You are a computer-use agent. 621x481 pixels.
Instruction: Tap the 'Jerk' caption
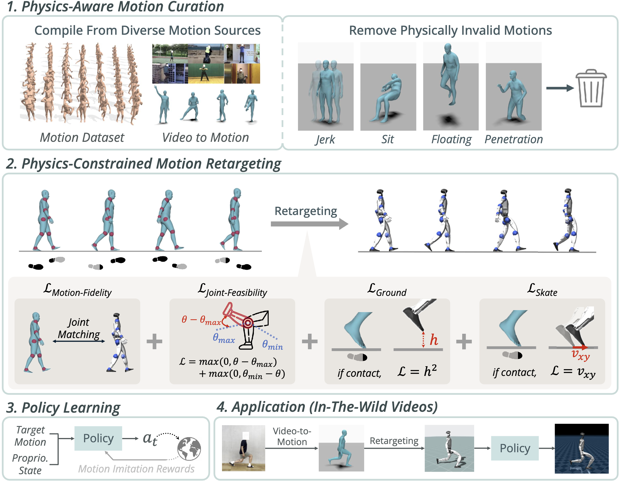[325, 140]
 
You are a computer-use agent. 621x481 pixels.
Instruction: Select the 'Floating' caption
[451, 140]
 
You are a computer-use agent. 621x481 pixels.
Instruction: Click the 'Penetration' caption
[514, 140]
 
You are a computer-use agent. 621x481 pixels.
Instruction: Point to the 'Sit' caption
[388, 140]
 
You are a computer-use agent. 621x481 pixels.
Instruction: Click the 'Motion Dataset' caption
[82, 138]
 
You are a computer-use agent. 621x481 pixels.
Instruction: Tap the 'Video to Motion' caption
[205, 138]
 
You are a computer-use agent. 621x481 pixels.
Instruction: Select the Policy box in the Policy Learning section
[98, 438]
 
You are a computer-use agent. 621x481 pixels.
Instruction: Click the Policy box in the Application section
[515, 448]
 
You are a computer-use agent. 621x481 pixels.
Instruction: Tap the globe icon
[189, 449]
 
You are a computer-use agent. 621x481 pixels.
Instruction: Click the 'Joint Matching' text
[79, 328]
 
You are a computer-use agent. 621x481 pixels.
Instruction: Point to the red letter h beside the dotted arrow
[434, 340]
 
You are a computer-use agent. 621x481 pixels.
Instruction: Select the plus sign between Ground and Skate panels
[464, 341]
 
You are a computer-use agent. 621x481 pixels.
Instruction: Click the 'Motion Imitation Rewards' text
[136, 469]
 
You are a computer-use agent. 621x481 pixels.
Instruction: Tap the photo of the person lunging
[243, 448]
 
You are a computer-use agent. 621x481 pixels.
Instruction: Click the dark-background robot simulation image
[581, 449]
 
